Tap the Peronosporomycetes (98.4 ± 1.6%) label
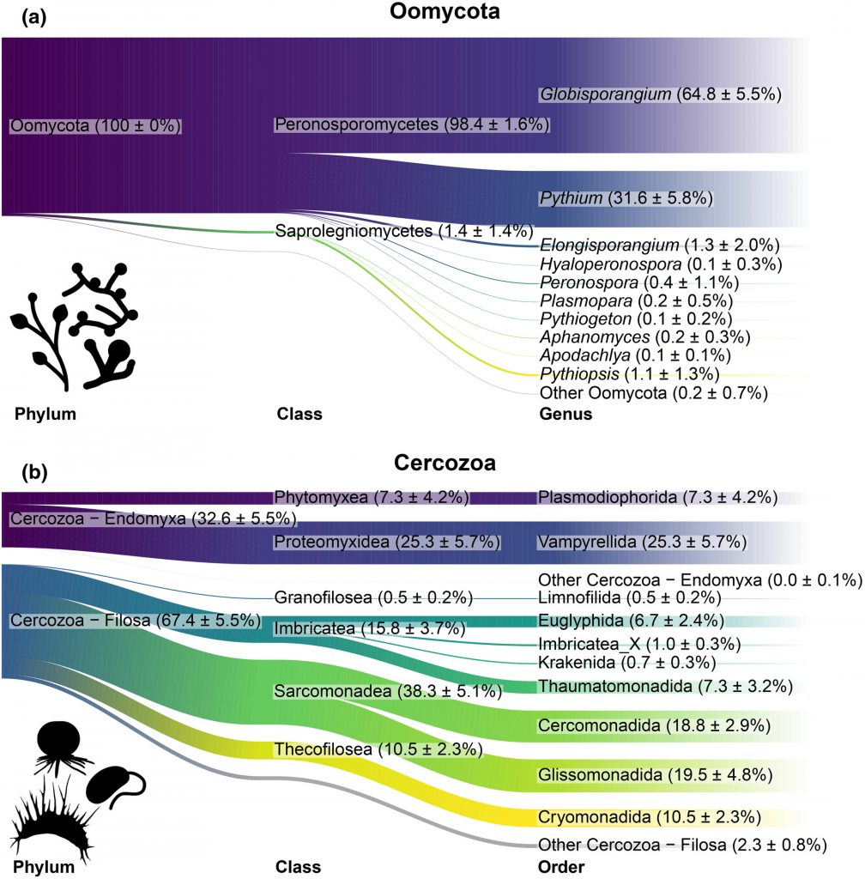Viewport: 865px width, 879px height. (411, 124)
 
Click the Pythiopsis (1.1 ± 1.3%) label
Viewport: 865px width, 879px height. (629, 374)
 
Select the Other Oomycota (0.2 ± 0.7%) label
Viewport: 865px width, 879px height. (653, 393)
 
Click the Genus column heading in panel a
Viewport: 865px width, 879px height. (566, 415)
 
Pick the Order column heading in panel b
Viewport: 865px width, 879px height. (561, 868)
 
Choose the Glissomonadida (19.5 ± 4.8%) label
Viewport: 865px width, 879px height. (656, 774)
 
